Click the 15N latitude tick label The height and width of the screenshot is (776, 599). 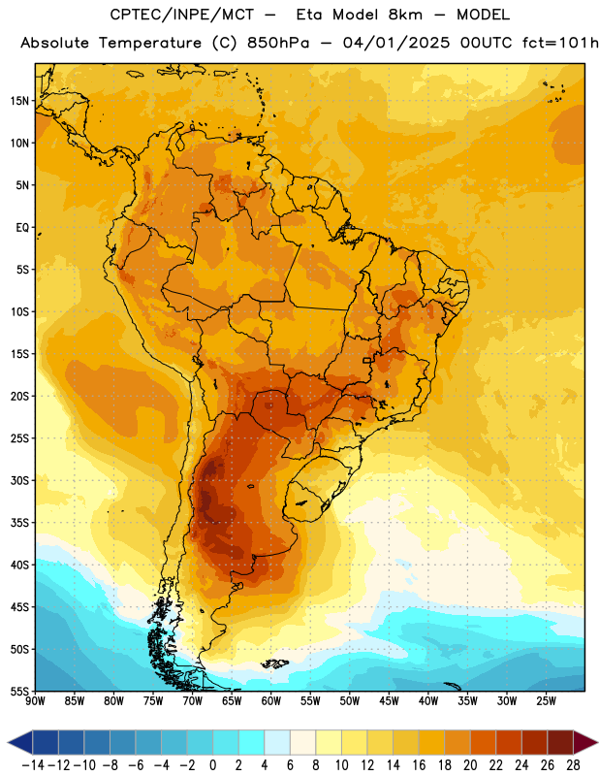(19, 101)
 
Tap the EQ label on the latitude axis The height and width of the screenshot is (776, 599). (22, 228)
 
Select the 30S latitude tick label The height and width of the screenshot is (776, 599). (19, 480)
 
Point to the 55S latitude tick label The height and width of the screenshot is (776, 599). (19, 692)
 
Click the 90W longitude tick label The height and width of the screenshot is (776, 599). (35, 701)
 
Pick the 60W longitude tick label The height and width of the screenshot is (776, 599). (271, 701)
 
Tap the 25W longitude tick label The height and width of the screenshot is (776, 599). (547, 701)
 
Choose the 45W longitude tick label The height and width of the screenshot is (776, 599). (390, 701)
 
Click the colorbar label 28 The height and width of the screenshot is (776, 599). (574, 765)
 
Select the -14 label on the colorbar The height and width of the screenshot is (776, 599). (33, 765)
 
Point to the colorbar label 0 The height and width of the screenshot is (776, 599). (213, 765)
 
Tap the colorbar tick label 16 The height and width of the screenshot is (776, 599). (420, 765)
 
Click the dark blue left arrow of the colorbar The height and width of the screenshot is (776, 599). (20, 742)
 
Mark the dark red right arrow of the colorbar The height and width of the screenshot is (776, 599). (585, 742)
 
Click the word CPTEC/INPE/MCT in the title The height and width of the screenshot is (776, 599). (181, 15)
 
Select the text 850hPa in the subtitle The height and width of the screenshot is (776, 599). (278, 43)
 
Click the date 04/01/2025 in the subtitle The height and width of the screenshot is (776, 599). (396, 43)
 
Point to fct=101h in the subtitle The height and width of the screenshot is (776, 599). (560, 43)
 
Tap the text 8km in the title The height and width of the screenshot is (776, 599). (405, 15)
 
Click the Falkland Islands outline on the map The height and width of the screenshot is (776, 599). (275, 663)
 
